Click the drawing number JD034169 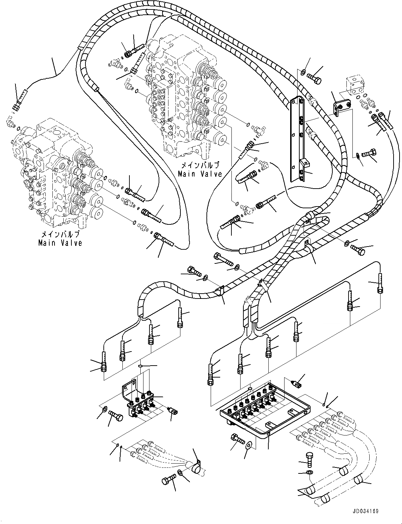coord(364,511)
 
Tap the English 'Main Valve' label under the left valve coord(60,243)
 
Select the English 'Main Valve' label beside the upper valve coord(200,173)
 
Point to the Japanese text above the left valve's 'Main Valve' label coord(60,234)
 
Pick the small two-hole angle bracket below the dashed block coord(341,107)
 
